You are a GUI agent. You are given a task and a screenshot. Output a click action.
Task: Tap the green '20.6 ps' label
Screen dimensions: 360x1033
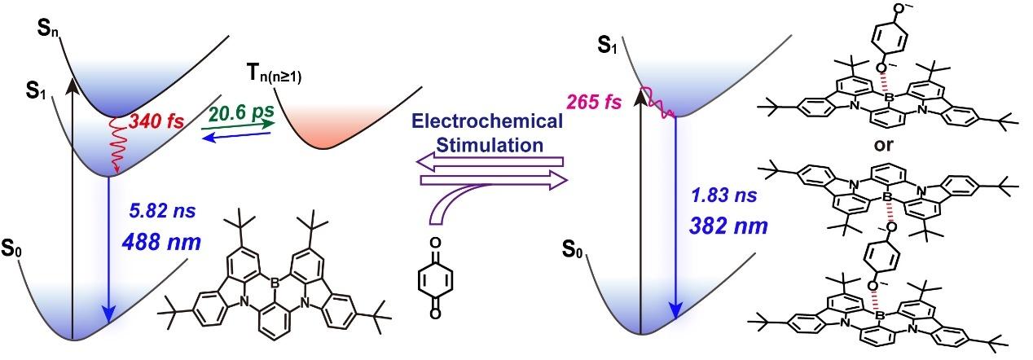[238, 108]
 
